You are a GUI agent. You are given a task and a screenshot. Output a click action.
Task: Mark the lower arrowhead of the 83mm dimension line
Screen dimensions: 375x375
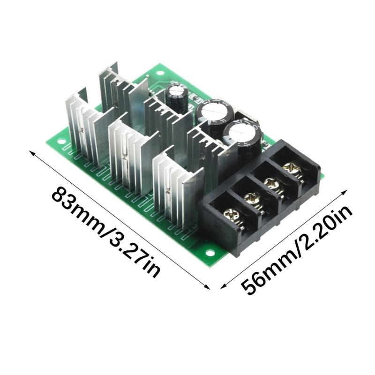(x=208, y=288)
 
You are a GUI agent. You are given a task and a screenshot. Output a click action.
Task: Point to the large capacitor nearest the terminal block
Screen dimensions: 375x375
(x=241, y=136)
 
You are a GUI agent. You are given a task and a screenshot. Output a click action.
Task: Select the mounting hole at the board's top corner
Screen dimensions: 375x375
(x=157, y=74)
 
